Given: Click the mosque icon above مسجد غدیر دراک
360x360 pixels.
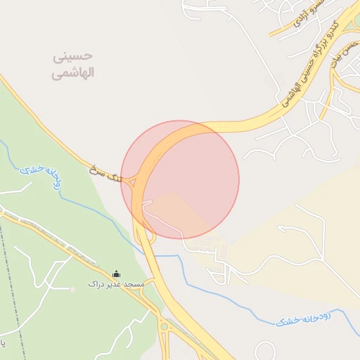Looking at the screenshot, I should pyautogui.click(x=116, y=274).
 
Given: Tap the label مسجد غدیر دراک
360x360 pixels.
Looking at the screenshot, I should pyautogui.click(x=116, y=284).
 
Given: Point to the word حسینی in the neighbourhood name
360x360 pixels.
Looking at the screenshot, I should pyautogui.click(x=73, y=56).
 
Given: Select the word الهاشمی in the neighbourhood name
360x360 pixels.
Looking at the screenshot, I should pyautogui.click(x=73, y=72).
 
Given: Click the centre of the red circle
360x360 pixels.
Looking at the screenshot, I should pyautogui.click(x=180, y=179).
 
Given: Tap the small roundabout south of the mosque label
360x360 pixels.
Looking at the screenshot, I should pyautogui.click(x=164, y=326).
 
